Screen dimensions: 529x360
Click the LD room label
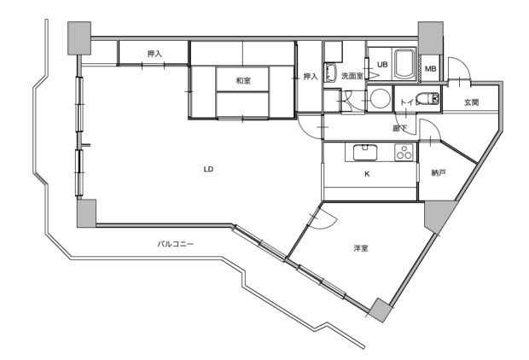[x=209, y=169]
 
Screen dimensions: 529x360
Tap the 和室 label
[x=243, y=81]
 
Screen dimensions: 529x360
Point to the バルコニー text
[x=176, y=244]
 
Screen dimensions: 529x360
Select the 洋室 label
[x=361, y=248]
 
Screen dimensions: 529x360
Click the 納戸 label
[x=439, y=172]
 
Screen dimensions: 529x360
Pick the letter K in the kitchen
[x=368, y=174]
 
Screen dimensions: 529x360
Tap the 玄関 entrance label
[x=471, y=102]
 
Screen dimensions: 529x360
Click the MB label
[x=430, y=69]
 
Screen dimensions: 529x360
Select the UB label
[x=382, y=65]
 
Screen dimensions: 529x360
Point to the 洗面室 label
[x=352, y=76]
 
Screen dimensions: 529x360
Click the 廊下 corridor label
[x=400, y=128]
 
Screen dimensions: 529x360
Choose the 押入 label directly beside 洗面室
[x=311, y=77]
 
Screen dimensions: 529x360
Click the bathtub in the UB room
[x=404, y=64]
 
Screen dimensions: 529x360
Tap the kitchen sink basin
[x=364, y=152]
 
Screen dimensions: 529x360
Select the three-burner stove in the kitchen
[x=404, y=152]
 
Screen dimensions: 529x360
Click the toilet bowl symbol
[x=427, y=99]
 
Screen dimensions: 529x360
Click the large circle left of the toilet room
[x=380, y=98]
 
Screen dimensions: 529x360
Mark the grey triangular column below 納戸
[x=439, y=215]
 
